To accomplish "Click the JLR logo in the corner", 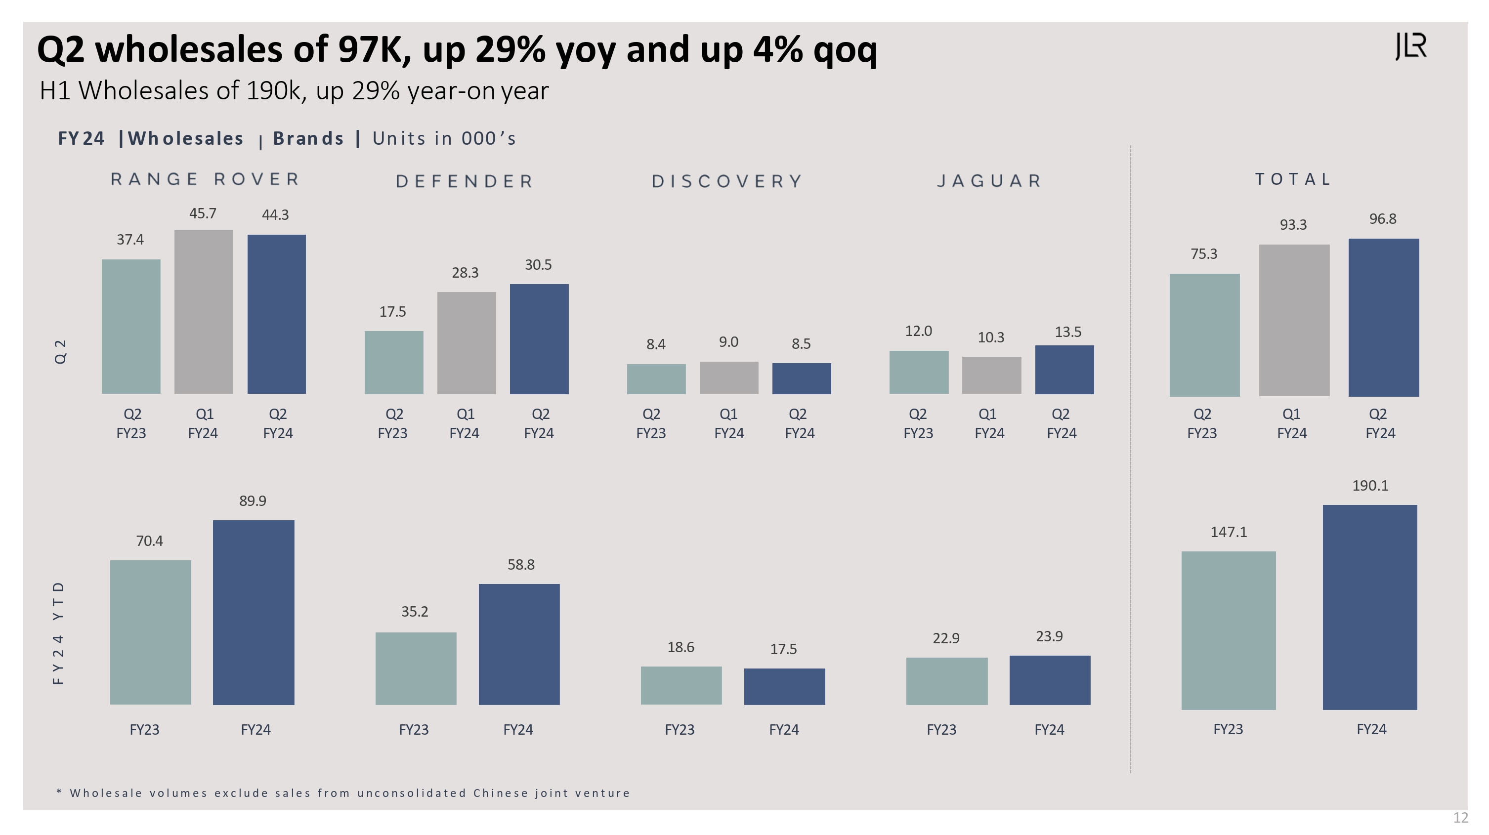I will pos(1411,46).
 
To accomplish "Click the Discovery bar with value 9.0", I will pos(728,378).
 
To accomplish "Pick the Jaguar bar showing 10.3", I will pos(991,375).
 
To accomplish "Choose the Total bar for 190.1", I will pos(1369,607).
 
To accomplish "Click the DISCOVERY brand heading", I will pos(727,181).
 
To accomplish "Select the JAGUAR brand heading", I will pos(989,181).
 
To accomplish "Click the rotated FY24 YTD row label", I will pos(58,633).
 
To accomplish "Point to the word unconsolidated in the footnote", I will pos(411,793).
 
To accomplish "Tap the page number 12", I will pos(1460,818).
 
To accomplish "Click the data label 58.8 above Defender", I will pos(521,565).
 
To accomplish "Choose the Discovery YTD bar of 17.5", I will pos(784,686).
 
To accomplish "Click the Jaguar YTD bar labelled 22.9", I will pos(946,681).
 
